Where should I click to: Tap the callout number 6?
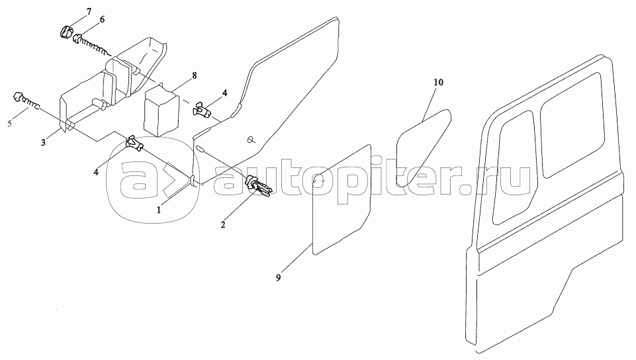click(x=103, y=20)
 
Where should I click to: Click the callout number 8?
click(x=195, y=76)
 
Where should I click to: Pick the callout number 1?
click(x=158, y=208)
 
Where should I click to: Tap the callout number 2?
click(x=223, y=226)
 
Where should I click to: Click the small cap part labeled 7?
click(x=67, y=31)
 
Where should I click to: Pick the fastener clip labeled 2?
click(x=257, y=187)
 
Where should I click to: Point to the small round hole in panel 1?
click(x=251, y=139)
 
